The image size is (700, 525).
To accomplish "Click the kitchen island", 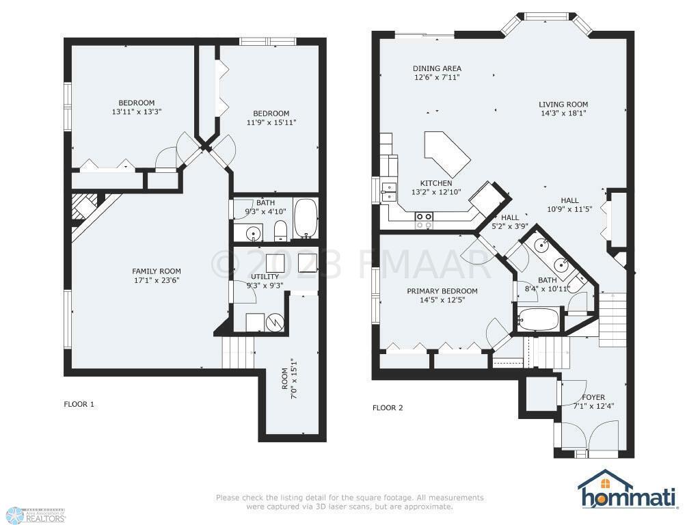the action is pos(447,153).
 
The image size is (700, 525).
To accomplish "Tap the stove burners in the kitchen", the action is pos(424,221).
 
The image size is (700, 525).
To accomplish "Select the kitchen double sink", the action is pos(389,192).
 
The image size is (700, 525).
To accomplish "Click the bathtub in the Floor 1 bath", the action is pos(306,218).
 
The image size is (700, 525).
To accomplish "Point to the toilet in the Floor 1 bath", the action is pos(280,230).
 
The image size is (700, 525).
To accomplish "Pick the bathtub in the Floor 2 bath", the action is pos(538,319).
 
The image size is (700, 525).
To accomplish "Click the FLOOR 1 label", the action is pos(79,405).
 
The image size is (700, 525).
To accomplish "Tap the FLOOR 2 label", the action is pos(388,407).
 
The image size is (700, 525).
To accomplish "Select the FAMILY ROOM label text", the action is pos(157,271).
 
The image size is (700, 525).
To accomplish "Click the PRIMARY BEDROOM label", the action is pos(442,291).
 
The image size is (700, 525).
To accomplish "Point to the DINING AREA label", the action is pos(437,69).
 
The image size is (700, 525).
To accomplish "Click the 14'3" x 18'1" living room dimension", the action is pos(563,113).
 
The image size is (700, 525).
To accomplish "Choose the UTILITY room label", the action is pos(265,277).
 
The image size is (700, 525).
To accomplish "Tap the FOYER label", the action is pos(593,397).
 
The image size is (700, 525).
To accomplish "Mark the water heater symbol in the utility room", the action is pos(273,322).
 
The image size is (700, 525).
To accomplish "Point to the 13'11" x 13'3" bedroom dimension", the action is pos(136,111).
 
